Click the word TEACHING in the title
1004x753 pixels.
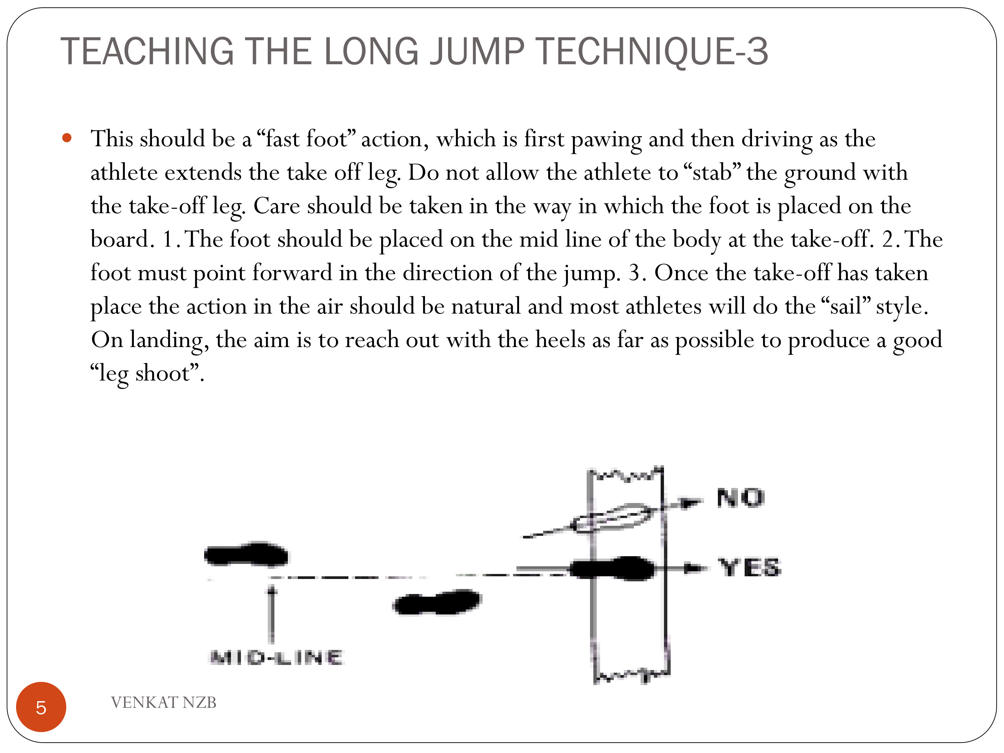(x=147, y=51)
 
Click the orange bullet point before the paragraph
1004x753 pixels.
(x=67, y=138)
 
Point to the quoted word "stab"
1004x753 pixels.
(x=712, y=172)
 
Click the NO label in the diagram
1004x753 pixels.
(x=741, y=498)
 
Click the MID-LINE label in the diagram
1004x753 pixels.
(x=276, y=658)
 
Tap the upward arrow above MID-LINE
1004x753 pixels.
(x=271, y=614)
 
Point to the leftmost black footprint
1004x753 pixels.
(x=246, y=554)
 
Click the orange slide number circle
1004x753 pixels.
(x=41, y=707)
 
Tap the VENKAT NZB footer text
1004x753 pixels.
(x=163, y=702)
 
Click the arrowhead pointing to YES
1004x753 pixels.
(x=694, y=568)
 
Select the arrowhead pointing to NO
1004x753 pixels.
(x=692, y=502)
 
